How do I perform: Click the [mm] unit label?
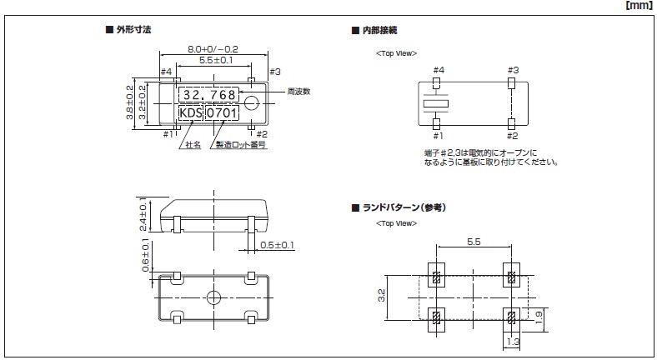[639, 7]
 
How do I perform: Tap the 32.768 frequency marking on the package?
[209, 94]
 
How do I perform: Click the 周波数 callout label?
[298, 92]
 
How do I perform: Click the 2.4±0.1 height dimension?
[143, 214]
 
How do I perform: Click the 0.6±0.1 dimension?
[143, 254]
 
